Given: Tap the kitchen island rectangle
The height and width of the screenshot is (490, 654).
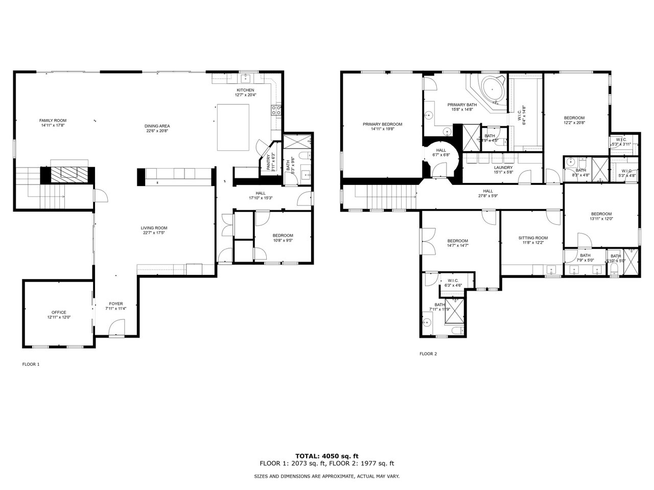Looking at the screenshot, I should point(234,127).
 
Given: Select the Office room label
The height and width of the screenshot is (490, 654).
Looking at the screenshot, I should point(58,312).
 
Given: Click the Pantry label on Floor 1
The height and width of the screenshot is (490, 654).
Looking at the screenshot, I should point(268,162).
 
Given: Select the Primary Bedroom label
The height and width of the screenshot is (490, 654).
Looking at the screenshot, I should point(382,124).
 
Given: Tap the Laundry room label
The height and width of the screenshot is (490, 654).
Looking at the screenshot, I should point(503,168).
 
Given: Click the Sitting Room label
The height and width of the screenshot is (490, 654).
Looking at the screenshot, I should point(532,238).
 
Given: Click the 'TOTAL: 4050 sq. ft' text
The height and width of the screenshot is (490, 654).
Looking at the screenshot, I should point(326,456).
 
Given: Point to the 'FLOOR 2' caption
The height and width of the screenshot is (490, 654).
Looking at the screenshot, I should point(428,354).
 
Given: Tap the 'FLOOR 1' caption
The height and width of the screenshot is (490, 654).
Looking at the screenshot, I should point(31,364).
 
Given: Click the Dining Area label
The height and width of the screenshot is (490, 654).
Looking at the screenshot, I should point(157,126).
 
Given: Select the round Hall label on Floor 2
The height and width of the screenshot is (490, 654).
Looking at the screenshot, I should point(440,150).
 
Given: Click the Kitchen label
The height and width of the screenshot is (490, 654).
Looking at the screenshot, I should point(245,90).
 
